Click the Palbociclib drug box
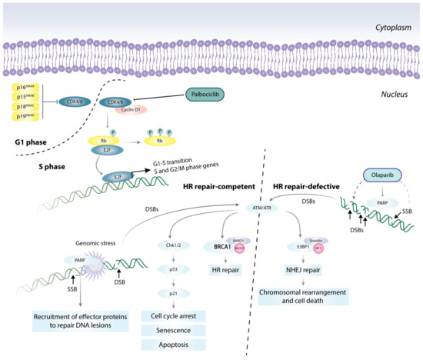(209, 95)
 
